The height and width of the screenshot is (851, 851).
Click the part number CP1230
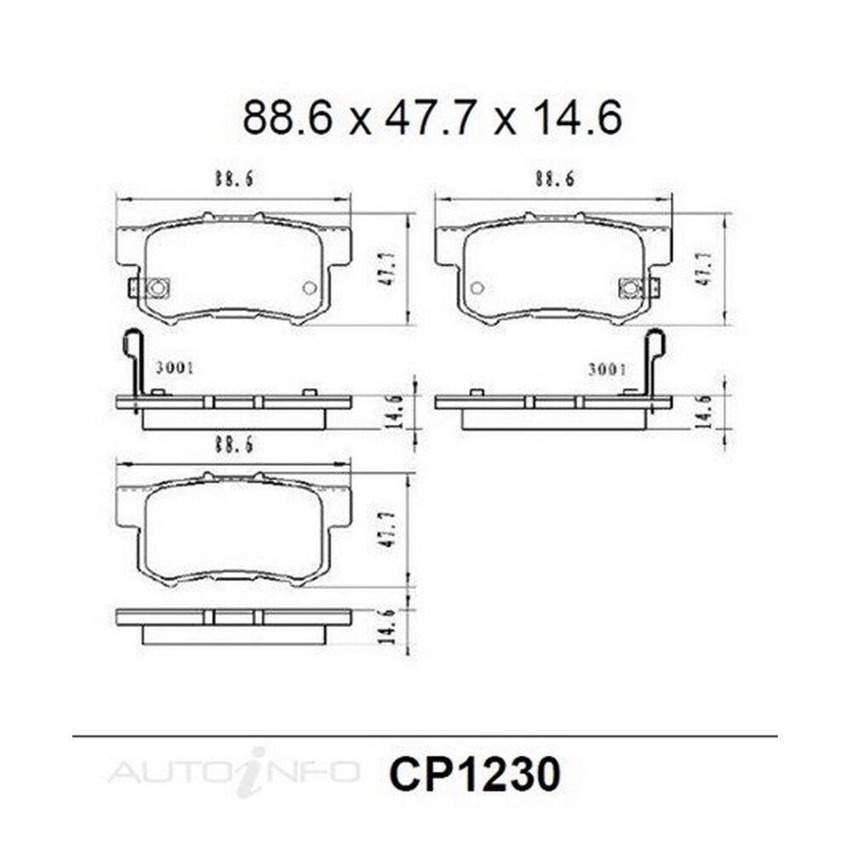tap(475, 775)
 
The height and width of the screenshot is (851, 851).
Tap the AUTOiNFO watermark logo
tap(233, 771)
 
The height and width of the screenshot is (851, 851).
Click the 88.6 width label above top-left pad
tap(234, 179)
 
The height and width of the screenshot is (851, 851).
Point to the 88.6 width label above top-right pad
tap(555, 179)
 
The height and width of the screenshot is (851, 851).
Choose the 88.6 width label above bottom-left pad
tap(234, 445)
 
